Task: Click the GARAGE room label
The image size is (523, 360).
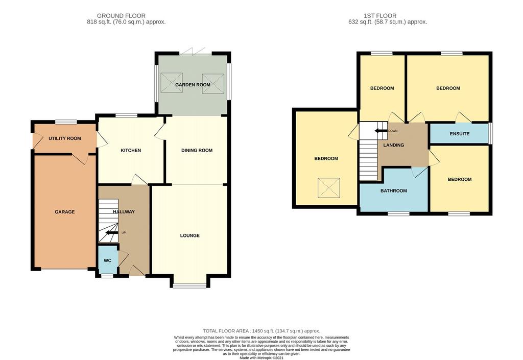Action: click(x=65, y=212)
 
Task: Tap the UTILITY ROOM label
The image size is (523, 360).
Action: click(x=65, y=138)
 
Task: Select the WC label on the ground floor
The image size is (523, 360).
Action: click(x=107, y=260)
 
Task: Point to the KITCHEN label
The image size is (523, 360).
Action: click(x=131, y=150)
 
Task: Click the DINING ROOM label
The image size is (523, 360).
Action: click(x=197, y=150)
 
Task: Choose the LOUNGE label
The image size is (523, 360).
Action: click(x=190, y=235)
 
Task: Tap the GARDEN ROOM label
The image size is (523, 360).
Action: click(x=193, y=85)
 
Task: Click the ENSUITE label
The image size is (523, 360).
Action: click(x=460, y=134)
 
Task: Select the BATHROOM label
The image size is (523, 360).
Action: click(x=394, y=190)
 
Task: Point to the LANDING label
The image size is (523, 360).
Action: click(x=394, y=145)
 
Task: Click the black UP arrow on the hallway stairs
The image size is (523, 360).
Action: click(x=112, y=233)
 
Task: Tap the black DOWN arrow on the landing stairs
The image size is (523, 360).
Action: click(x=381, y=131)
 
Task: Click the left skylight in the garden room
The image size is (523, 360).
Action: click(x=172, y=83)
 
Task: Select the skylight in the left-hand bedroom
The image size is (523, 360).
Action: click(x=328, y=188)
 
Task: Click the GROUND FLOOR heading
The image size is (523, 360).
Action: click(x=121, y=16)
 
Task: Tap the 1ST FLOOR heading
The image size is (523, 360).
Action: click(x=380, y=16)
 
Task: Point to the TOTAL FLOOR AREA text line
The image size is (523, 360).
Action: click(x=261, y=331)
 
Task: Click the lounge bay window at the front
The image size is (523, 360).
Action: click(x=190, y=285)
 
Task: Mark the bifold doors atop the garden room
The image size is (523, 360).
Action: click(x=195, y=52)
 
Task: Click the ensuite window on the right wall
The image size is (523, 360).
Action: click(x=490, y=133)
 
